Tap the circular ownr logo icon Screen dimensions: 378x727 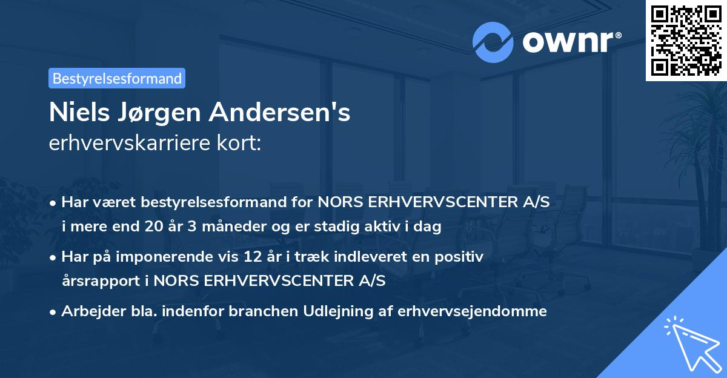(493, 42)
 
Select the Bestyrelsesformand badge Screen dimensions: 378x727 (117, 78)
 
